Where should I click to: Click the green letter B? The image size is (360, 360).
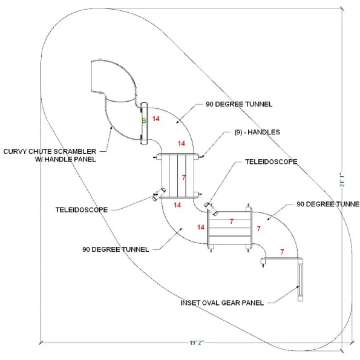pos(144,120)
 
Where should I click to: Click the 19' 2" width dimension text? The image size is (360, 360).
pos(197,343)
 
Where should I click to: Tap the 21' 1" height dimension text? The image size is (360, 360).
pos(342,179)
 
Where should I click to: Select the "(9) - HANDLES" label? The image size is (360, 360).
pos(257,132)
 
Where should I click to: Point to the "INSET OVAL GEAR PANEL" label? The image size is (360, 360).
pos(222,303)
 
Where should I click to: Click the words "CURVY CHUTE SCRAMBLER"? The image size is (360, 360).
pos(50,151)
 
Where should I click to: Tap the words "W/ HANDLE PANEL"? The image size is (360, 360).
pos(66,159)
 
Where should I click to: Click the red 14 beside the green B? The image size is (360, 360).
pos(156,119)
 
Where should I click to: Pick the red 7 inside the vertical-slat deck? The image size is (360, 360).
pos(184,177)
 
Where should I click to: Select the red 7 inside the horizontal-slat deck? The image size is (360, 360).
pos(231,221)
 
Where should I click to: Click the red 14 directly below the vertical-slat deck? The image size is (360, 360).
pos(177,205)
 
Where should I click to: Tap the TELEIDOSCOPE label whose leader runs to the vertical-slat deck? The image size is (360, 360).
pos(82,210)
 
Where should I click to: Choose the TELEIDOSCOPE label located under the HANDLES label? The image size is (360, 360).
pos(271,162)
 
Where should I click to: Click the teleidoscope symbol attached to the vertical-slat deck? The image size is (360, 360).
pos(159,194)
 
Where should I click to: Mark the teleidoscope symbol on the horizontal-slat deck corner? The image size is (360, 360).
pos(211,209)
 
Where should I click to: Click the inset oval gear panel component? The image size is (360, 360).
pos(300,280)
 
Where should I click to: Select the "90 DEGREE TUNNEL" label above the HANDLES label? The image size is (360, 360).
pos(239,104)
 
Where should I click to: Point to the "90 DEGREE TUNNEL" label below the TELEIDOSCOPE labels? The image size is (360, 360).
pos(116,249)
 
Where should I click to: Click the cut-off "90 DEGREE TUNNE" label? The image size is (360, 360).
pos(328,204)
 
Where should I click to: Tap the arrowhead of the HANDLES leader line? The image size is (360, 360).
pos(201,157)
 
